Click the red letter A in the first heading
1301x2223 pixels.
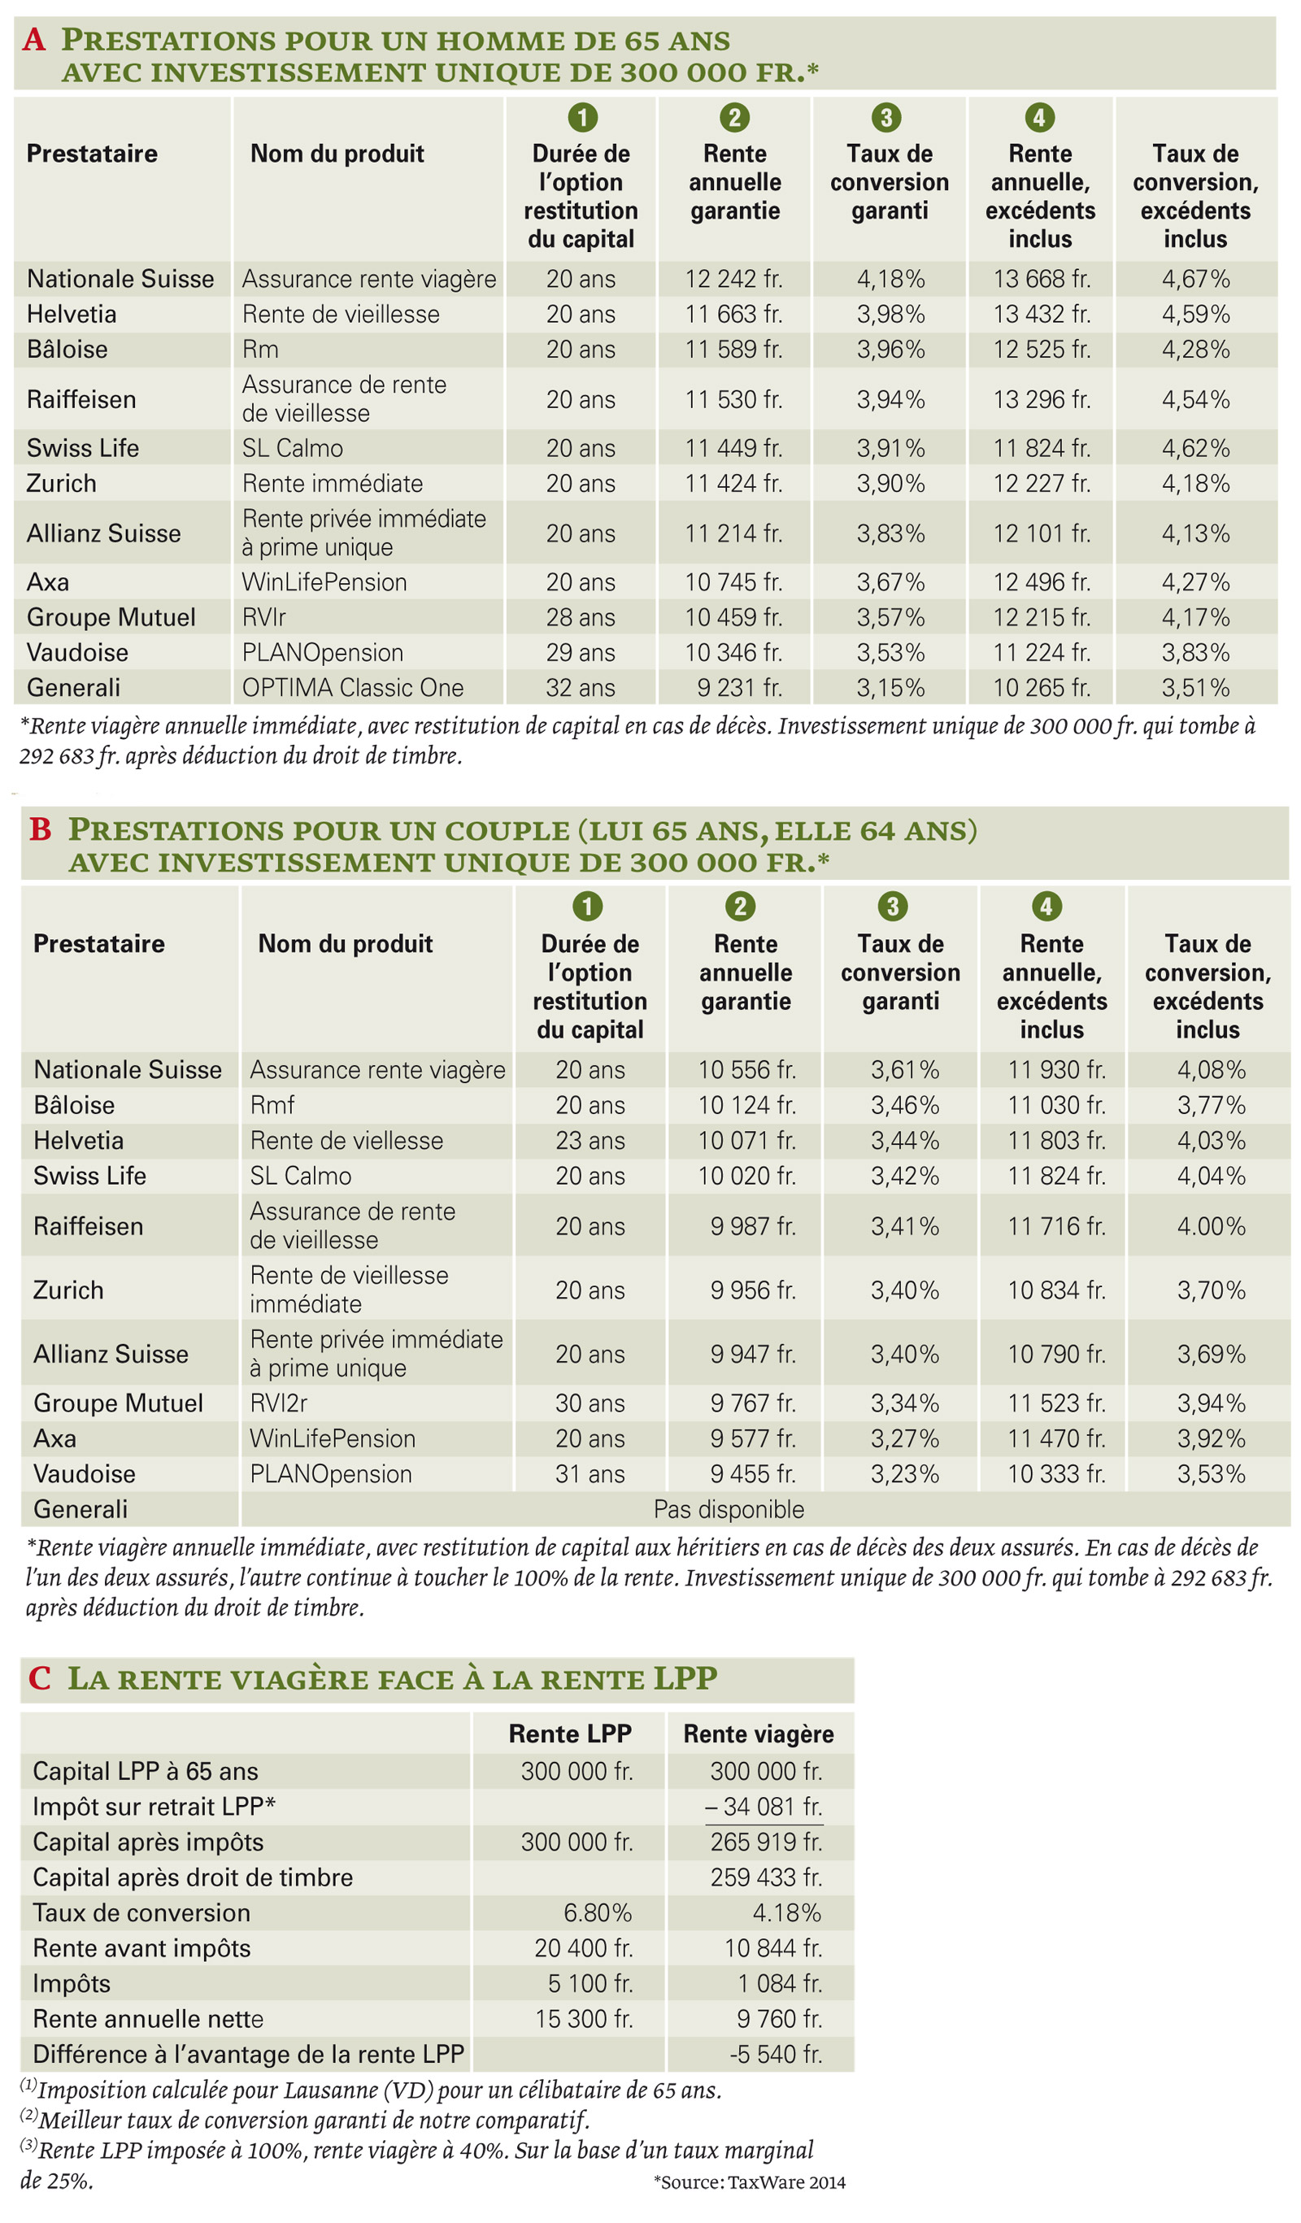click(33, 40)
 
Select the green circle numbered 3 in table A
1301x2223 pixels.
click(886, 116)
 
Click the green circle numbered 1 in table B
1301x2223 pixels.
click(587, 906)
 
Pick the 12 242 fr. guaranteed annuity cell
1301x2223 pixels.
click(734, 279)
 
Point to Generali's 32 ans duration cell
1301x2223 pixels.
click(581, 687)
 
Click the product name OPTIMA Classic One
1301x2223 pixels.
click(353, 687)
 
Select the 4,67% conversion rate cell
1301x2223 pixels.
click(1195, 279)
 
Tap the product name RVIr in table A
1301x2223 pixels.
click(263, 616)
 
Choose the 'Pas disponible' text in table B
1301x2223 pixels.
click(729, 1509)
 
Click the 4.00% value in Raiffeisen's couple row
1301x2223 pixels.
click(1211, 1225)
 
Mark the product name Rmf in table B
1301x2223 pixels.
click(272, 1104)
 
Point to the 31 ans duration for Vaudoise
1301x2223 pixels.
click(590, 1473)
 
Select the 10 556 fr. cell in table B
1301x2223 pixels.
click(747, 1069)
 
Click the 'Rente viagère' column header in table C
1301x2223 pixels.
click(759, 1734)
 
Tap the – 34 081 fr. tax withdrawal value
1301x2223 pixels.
click(764, 1807)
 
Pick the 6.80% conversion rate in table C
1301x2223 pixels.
click(598, 1912)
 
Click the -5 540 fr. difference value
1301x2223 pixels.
click(777, 2054)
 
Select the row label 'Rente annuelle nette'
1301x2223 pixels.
click(148, 2018)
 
